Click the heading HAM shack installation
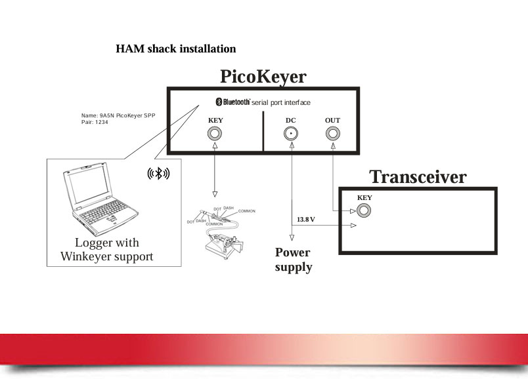(x=176, y=49)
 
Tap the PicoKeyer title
(x=263, y=76)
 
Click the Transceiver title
(x=418, y=177)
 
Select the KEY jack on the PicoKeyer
(x=215, y=134)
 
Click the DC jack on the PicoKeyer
(x=291, y=134)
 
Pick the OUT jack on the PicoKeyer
(x=333, y=134)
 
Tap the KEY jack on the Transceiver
(x=364, y=211)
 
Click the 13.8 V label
(x=306, y=220)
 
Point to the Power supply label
(x=294, y=260)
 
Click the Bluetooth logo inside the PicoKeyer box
(x=232, y=102)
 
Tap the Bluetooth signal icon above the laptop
(x=158, y=174)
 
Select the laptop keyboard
(x=103, y=212)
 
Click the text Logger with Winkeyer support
(x=107, y=250)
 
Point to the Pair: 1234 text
(x=95, y=123)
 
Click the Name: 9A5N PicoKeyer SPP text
(x=118, y=115)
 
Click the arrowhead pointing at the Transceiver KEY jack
(x=353, y=211)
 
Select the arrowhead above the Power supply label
(x=292, y=238)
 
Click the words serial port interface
(x=281, y=102)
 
